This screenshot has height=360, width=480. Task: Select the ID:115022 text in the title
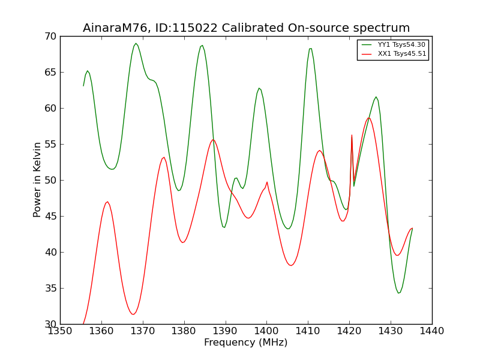tap(186, 28)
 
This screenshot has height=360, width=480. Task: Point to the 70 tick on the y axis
tap(50, 37)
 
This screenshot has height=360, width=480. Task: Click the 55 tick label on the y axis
tap(50, 144)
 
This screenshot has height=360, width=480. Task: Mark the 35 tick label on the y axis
tap(50, 289)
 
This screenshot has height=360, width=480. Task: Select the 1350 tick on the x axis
tap(61, 331)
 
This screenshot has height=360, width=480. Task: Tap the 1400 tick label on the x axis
tap(266, 331)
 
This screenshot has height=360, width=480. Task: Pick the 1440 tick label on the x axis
tap(432, 331)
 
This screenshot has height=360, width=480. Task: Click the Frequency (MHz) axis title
tap(246, 342)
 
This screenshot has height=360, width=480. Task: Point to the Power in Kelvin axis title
tap(37, 180)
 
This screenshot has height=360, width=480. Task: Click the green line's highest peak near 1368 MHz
tap(136, 43)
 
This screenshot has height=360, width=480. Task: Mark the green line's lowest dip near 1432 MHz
tap(398, 293)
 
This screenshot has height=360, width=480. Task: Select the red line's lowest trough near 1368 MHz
tap(133, 314)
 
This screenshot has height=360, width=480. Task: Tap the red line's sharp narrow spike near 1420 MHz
tap(352, 135)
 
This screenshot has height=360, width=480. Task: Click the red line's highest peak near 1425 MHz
tap(368, 118)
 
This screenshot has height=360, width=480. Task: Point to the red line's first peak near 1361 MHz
tap(107, 202)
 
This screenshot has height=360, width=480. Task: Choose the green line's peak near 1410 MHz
tap(310, 49)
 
